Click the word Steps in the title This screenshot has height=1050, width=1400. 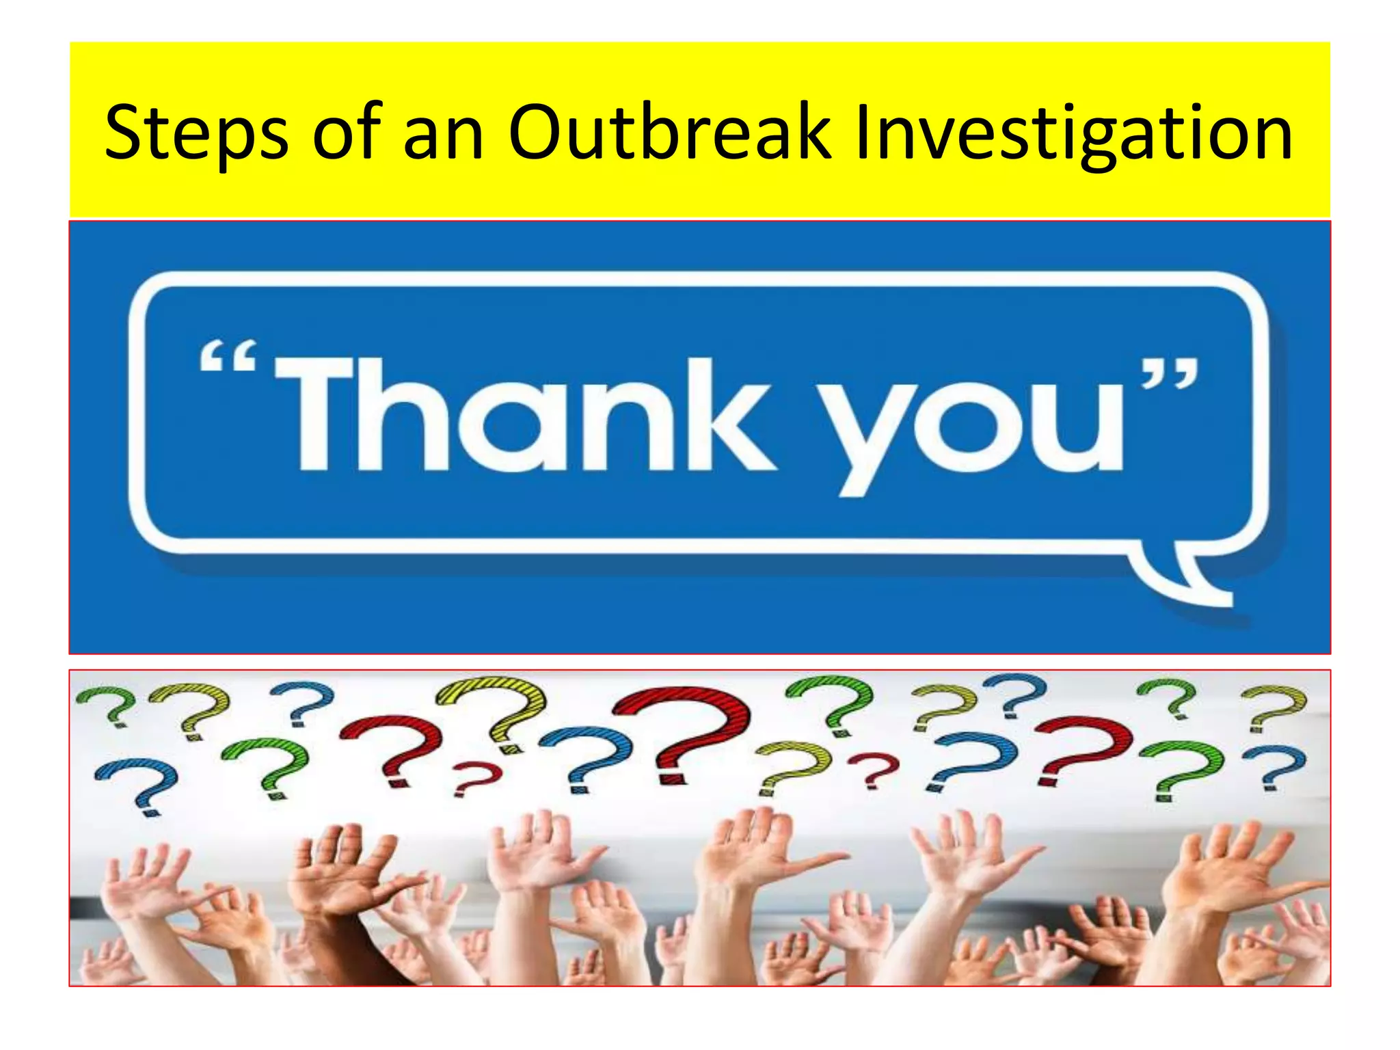coord(196,133)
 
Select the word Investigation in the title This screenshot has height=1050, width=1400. coord(1073,133)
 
